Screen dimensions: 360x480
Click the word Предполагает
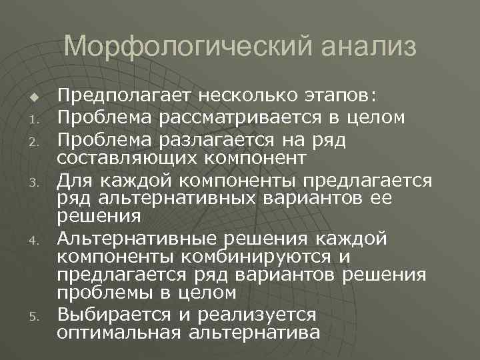point(119,98)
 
